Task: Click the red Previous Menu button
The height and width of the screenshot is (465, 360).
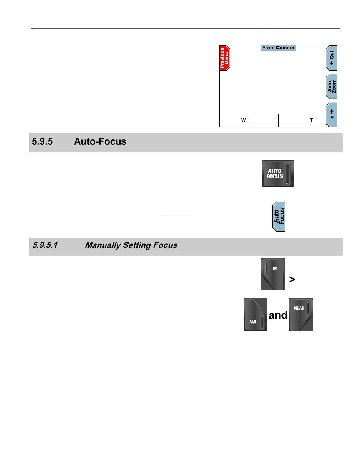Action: [224, 58]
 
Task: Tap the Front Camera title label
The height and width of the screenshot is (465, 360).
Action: [278, 48]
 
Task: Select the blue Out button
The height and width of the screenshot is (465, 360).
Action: [331, 58]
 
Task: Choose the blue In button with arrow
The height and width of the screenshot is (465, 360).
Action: [331, 114]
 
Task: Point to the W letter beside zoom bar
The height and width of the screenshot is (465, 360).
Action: [244, 120]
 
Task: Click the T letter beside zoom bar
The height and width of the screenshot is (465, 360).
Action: [311, 120]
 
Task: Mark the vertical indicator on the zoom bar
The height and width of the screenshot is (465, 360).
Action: [278, 120]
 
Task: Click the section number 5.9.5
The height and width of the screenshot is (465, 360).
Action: [42, 141]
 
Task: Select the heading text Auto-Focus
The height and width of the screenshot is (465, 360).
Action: [100, 141]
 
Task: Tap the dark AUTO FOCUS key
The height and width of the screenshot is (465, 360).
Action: [278, 173]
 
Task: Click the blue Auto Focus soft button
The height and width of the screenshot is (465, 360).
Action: [279, 216]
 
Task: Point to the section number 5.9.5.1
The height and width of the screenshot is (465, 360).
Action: [45, 245]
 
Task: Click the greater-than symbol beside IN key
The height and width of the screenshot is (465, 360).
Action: [292, 279]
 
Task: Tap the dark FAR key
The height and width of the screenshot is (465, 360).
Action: [255, 314]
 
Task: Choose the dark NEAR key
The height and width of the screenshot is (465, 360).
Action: [301, 314]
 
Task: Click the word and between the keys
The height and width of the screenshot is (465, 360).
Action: [278, 315]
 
